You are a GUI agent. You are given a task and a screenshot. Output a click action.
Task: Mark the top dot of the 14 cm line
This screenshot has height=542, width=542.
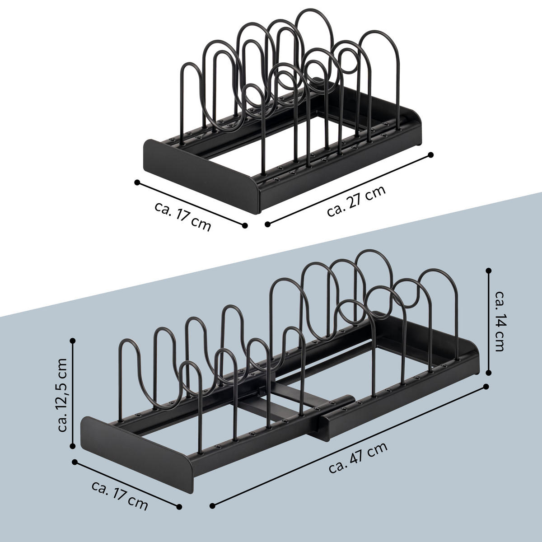point(488,270)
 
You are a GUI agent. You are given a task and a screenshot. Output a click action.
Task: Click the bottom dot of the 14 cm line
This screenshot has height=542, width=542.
point(488,373)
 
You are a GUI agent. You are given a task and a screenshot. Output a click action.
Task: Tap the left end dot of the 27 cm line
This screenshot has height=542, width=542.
point(267,224)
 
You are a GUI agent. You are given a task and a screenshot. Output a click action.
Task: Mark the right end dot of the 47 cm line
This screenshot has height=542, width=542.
point(486,387)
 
